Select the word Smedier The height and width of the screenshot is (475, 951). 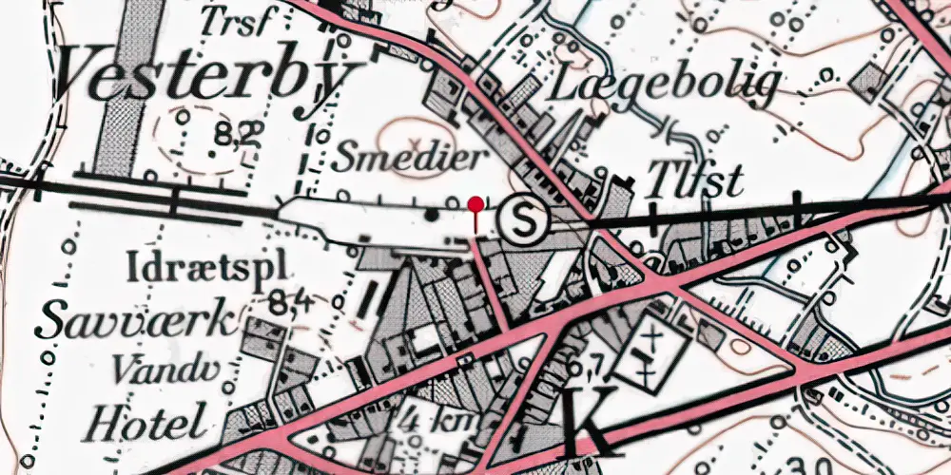(x=410, y=157)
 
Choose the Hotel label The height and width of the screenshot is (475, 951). (x=145, y=419)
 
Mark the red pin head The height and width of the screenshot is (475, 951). (x=475, y=203)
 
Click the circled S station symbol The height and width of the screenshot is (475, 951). (x=525, y=220)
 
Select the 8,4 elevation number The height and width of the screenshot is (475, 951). (x=290, y=304)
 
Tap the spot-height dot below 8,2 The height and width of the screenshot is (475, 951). (x=211, y=153)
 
